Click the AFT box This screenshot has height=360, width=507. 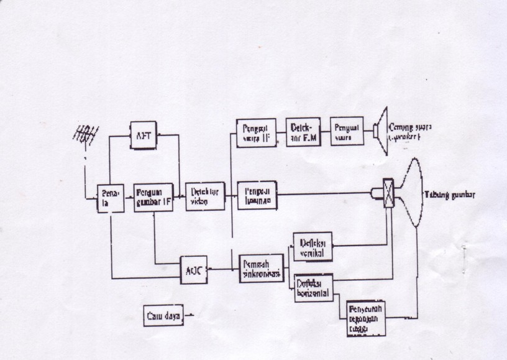coord(143,135)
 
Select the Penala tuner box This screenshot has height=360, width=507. coord(110,199)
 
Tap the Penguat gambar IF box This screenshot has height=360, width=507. coord(153,197)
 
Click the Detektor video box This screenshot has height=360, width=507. coord(205,196)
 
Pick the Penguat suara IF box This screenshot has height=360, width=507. coord(257,132)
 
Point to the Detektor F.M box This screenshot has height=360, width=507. coord(303,131)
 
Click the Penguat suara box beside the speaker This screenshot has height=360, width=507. coord(347,131)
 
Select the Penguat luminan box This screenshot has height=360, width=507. coord(257,195)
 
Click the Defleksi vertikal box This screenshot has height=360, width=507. coord(313,247)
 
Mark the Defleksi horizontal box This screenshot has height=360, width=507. coord(313,287)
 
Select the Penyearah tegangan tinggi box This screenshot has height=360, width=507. coord(364,317)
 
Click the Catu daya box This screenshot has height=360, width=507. coord(164,316)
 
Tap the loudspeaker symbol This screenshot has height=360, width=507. coord(381,129)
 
